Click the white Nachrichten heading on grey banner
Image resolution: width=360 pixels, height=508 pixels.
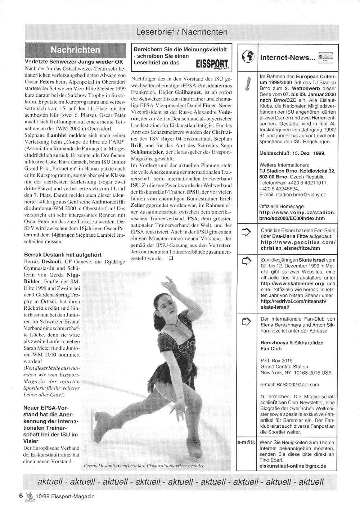pos(76,50)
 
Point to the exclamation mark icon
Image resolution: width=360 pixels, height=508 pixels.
pos(247,84)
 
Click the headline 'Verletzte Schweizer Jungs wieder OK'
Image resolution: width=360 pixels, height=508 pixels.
pos(74,62)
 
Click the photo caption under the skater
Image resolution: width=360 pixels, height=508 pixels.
pos(143,465)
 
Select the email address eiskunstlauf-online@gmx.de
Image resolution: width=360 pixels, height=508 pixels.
pos(293,466)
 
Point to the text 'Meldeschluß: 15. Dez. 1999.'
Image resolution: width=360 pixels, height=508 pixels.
pos(292,153)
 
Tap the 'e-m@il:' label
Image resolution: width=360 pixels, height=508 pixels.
pos(246,443)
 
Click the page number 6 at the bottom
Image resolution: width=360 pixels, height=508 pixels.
pos(21,496)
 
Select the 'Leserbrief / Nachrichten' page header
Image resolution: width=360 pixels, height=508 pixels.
pos(181,32)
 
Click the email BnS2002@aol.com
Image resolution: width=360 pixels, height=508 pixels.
pos(289,385)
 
